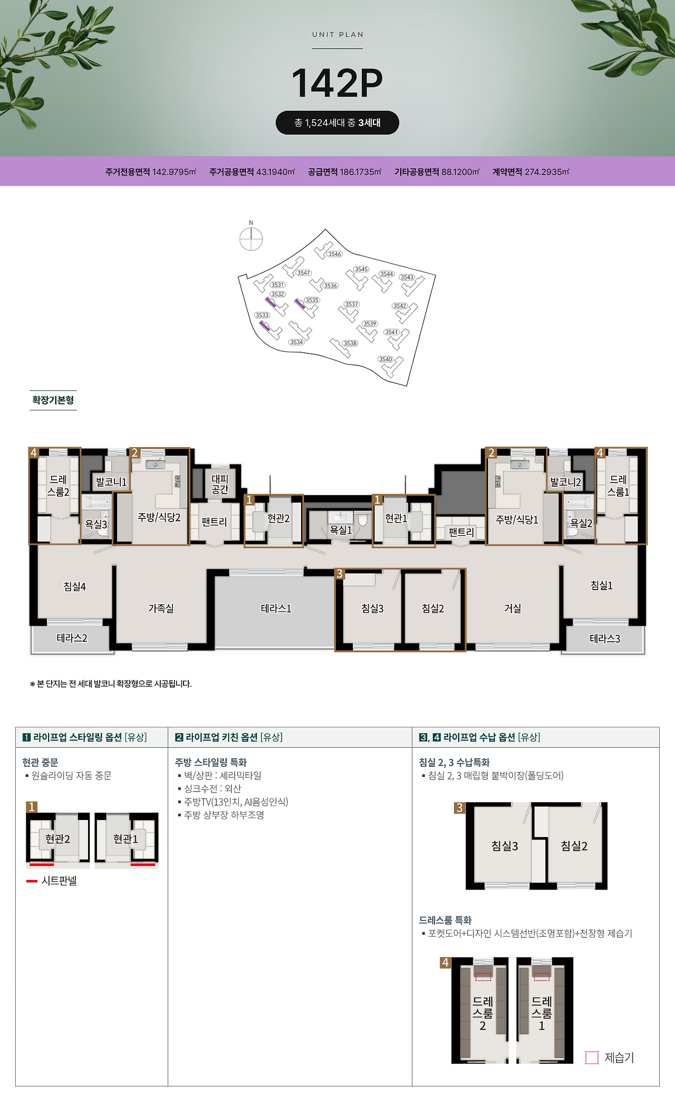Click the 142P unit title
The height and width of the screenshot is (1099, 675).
(337, 83)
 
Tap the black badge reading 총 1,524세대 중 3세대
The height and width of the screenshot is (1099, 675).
(337, 123)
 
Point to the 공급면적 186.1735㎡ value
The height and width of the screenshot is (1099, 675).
(344, 172)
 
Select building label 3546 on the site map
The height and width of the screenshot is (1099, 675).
(334, 254)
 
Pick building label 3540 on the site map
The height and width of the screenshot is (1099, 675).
(385, 359)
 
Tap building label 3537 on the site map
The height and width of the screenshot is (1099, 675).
(352, 304)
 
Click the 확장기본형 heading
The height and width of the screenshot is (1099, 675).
(53, 400)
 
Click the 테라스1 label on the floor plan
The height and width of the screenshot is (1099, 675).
(276, 609)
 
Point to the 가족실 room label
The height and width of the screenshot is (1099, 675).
(161, 609)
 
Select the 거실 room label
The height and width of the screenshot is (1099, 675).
(513, 609)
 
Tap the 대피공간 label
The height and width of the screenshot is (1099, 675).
(220, 484)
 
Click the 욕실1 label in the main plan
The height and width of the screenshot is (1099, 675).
(341, 530)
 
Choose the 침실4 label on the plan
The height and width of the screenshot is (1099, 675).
(74, 586)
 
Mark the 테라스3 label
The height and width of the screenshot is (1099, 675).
(605, 639)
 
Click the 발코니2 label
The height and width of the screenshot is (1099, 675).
(565, 482)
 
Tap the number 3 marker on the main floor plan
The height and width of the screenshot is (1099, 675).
(340, 574)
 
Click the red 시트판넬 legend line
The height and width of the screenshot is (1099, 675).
(32, 881)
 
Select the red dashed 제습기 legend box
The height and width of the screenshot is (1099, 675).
(592, 1057)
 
